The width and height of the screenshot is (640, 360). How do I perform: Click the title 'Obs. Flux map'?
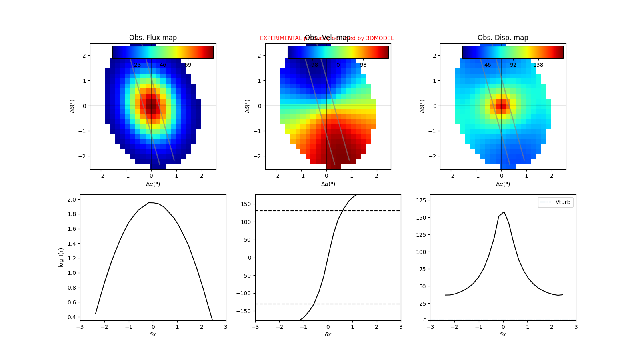(153, 38)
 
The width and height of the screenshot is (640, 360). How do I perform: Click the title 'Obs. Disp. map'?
(503, 38)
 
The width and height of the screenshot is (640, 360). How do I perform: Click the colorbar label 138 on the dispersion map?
(538, 65)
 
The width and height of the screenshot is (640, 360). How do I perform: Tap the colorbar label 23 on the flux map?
(138, 65)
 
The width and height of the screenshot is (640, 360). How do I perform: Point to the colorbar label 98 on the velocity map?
(363, 65)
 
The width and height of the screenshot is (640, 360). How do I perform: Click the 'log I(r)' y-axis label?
(61, 257)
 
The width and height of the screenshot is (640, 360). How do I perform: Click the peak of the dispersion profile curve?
(504, 212)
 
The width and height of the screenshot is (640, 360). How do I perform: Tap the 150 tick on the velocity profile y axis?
(246, 204)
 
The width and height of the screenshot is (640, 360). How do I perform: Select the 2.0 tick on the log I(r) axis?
(71, 200)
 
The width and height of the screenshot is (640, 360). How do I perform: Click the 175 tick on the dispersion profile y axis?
(421, 200)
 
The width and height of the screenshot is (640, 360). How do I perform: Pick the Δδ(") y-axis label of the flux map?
(72, 106)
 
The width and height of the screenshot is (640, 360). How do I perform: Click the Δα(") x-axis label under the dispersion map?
(503, 184)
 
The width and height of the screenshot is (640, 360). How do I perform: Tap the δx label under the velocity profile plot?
(328, 334)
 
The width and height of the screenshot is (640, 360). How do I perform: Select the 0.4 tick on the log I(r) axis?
(71, 317)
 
